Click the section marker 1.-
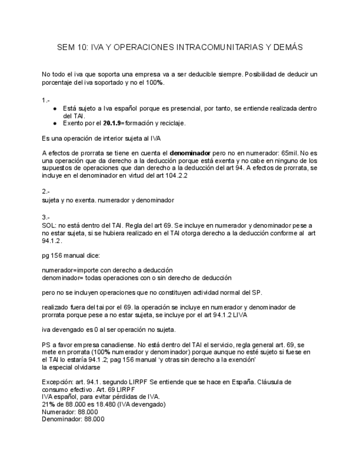46,101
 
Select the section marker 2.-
46,192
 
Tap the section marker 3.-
46,217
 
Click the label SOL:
49,225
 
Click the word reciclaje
170,123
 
